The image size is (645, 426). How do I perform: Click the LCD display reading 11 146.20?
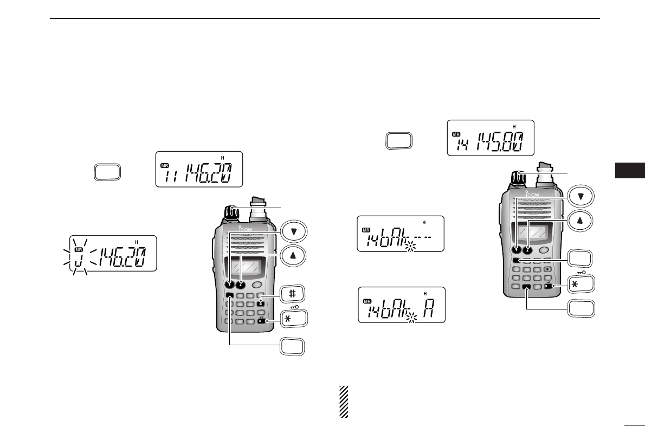[198, 169]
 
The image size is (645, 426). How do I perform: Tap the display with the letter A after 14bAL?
[401, 305]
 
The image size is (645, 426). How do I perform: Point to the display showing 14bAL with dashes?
[400, 234]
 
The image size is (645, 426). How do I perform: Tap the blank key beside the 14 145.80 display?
[399, 140]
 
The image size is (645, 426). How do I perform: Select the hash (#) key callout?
[293, 294]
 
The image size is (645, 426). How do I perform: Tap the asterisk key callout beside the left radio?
[293, 318]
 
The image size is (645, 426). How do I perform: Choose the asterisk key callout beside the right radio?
[580, 284]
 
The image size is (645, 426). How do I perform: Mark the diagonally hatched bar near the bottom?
[343, 402]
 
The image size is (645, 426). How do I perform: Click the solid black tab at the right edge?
[630, 169]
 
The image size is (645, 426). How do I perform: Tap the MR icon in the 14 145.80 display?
[457, 134]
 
